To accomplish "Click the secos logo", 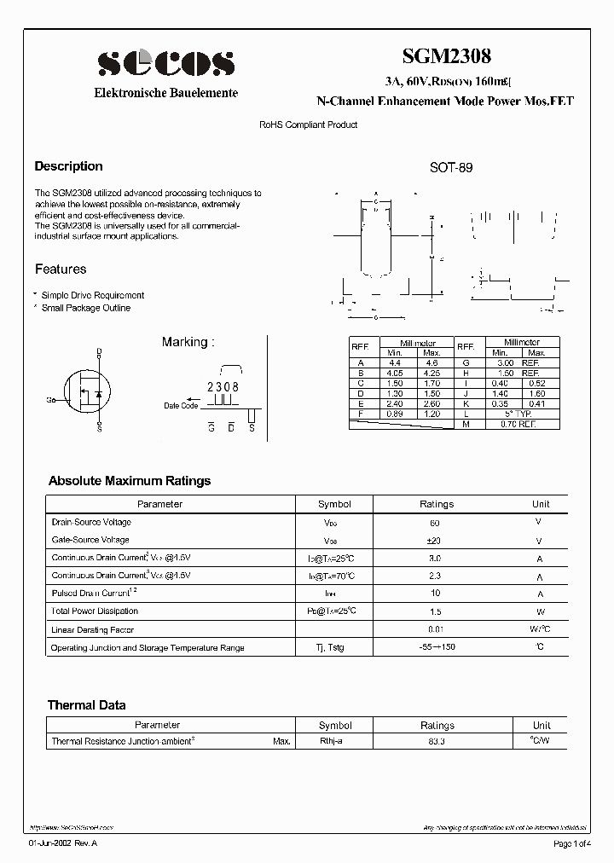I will pyautogui.click(x=165, y=63).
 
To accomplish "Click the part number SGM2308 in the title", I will pyautogui.click(x=446, y=56).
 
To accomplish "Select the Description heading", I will pyautogui.click(x=68, y=166).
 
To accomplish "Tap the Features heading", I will pyautogui.click(x=61, y=269).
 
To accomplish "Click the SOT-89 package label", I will pyautogui.click(x=451, y=168).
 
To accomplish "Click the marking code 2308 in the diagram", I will pyautogui.click(x=223, y=387).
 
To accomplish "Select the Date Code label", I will pyautogui.click(x=181, y=406).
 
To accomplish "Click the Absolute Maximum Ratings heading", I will pyautogui.click(x=129, y=481).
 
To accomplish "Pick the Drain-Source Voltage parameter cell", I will pyautogui.click(x=91, y=522).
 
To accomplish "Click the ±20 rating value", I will pyautogui.click(x=436, y=541).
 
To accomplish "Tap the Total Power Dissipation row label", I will pyautogui.click(x=94, y=611).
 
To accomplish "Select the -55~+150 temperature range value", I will pyautogui.click(x=436, y=648).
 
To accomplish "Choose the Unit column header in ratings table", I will pyautogui.click(x=541, y=504).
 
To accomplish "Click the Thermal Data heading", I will pyautogui.click(x=86, y=705).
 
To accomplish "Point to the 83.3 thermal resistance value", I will pyautogui.click(x=437, y=742).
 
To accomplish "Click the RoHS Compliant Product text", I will pyautogui.click(x=308, y=125).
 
